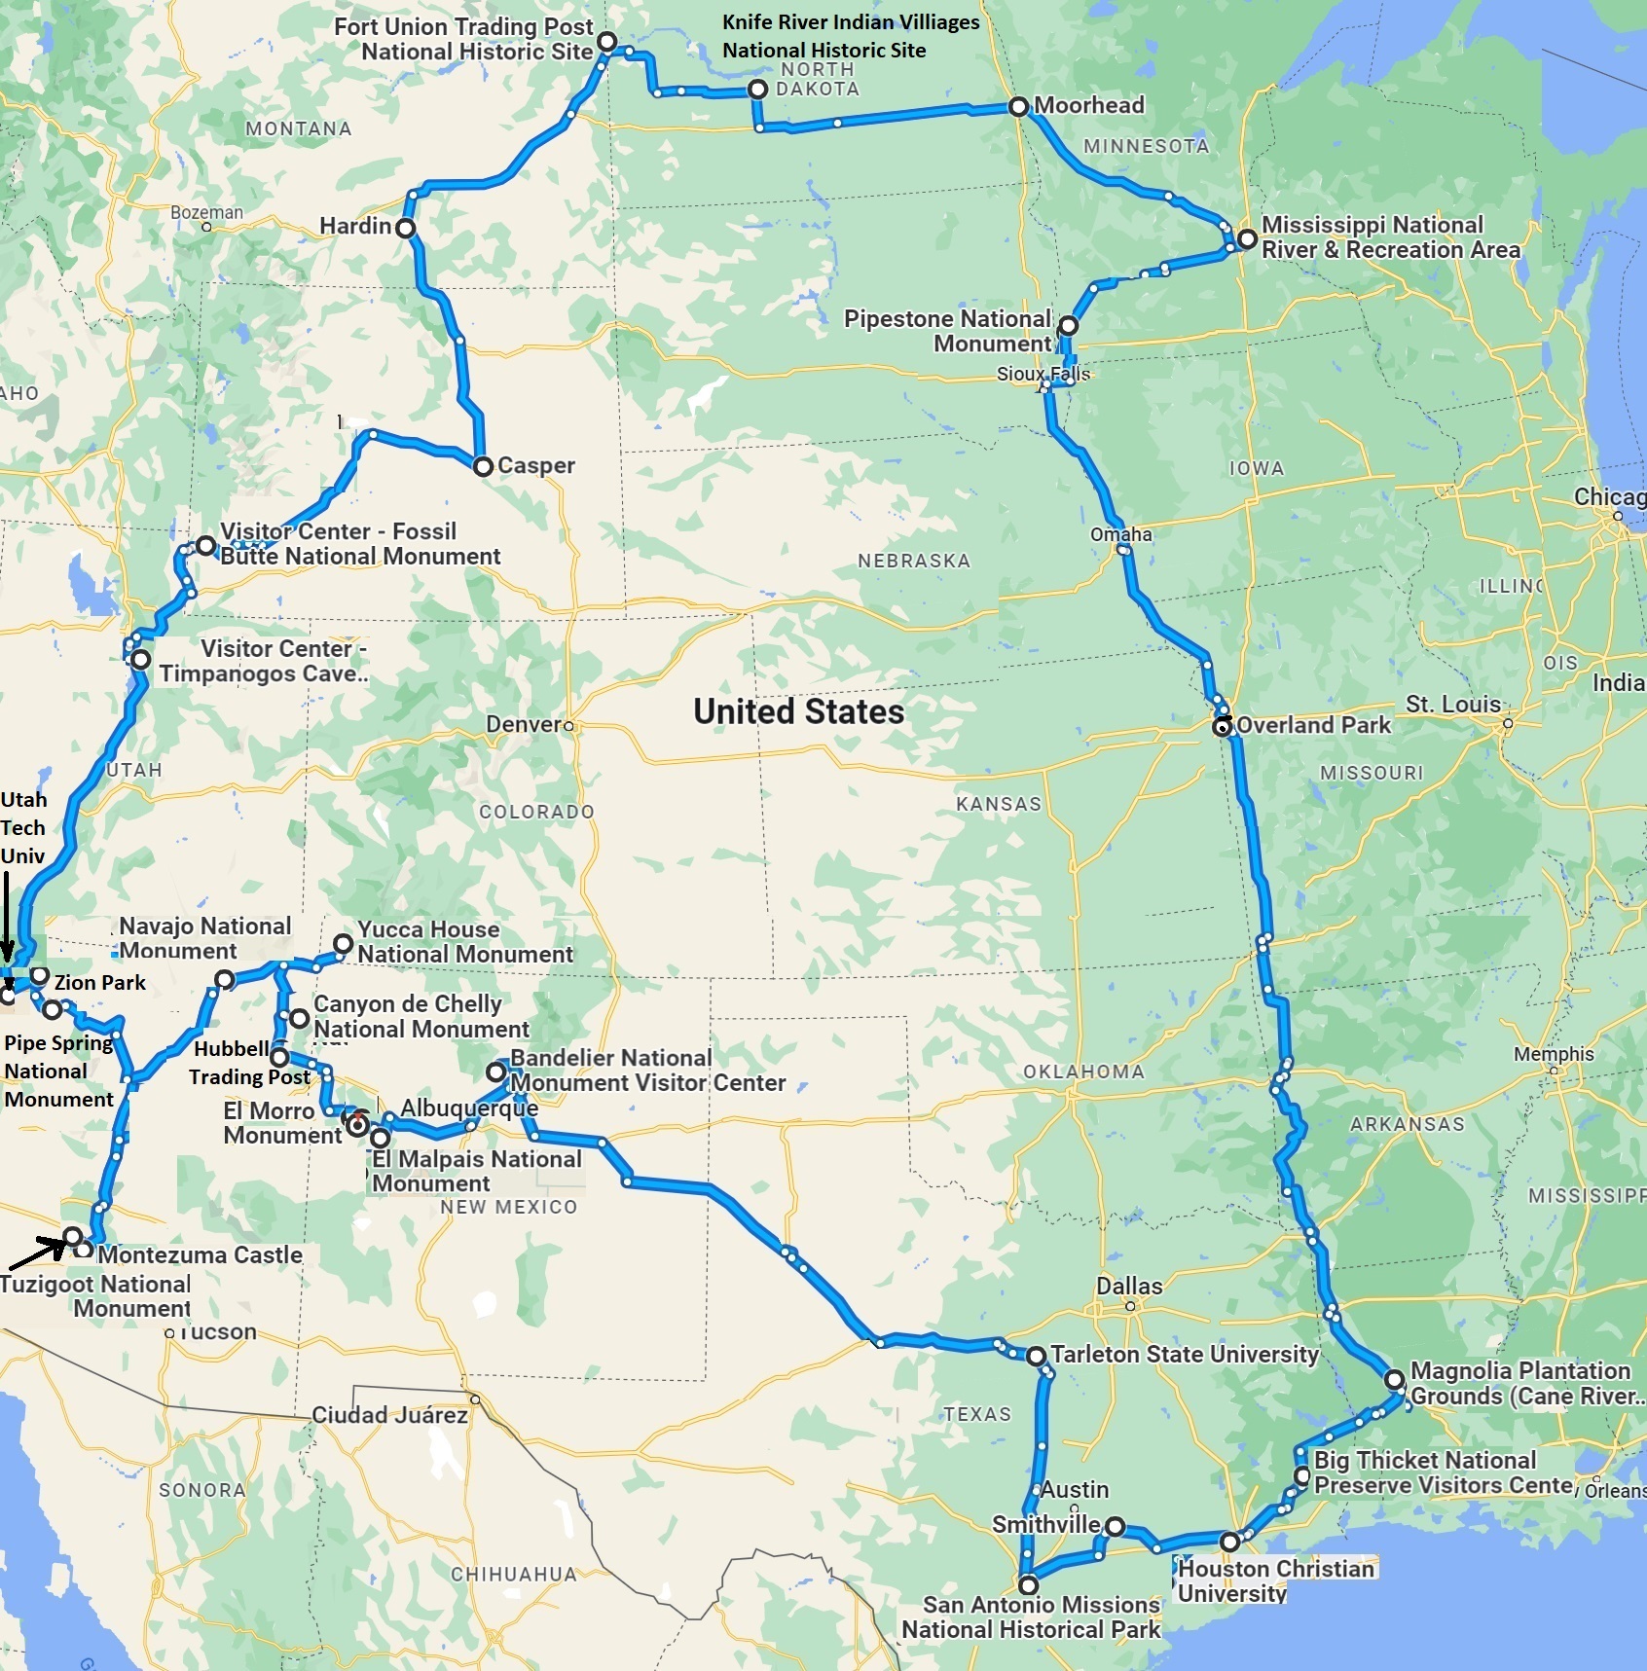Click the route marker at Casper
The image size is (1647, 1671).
point(483,466)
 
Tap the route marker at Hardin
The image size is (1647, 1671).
point(406,228)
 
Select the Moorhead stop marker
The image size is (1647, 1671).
point(1018,106)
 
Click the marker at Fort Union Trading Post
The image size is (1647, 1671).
point(606,41)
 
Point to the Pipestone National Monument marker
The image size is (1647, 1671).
point(1068,325)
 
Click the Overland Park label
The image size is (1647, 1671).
point(1313,725)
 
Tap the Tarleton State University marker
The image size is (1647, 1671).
point(1036,1355)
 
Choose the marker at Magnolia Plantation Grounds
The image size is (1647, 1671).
point(1394,1379)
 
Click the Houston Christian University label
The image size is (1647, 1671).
point(1275,1580)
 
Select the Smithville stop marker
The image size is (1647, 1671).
point(1115,1526)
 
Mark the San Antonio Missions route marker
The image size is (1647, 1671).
point(1028,1585)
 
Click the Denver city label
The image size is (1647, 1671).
point(524,724)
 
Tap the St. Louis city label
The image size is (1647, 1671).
point(1452,705)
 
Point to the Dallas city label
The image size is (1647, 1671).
point(1129,1286)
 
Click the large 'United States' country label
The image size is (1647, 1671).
point(798,711)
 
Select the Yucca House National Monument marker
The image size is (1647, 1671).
point(343,943)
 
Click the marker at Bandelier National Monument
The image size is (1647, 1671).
point(495,1072)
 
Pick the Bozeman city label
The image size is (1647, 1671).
point(206,212)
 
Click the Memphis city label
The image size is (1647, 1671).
point(1554,1054)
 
